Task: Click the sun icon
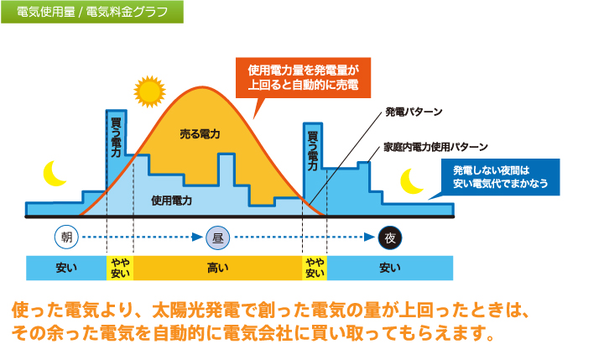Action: (x=149, y=91)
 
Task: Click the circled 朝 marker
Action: (x=66, y=237)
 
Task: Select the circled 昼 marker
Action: (x=217, y=237)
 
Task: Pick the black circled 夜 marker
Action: (x=390, y=237)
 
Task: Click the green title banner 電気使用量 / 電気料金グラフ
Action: (x=92, y=12)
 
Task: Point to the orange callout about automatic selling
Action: (x=303, y=78)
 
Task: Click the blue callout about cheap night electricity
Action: (x=500, y=177)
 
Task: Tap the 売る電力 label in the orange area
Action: (x=200, y=134)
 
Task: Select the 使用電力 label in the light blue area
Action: (x=171, y=201)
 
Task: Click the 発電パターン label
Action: (x=414, y=112)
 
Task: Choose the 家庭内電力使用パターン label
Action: (x=435, y=147)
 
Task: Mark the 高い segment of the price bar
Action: (x=217, y=268)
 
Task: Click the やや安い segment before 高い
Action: (x=120, y=268)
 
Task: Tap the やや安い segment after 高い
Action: (x=315, y=268)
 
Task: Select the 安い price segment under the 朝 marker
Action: (x=66, y=268)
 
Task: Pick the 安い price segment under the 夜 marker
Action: (x=390, y=268)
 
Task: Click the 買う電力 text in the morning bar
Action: (x=116, y=138)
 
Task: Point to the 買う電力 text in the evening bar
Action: (x=312, y=151)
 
